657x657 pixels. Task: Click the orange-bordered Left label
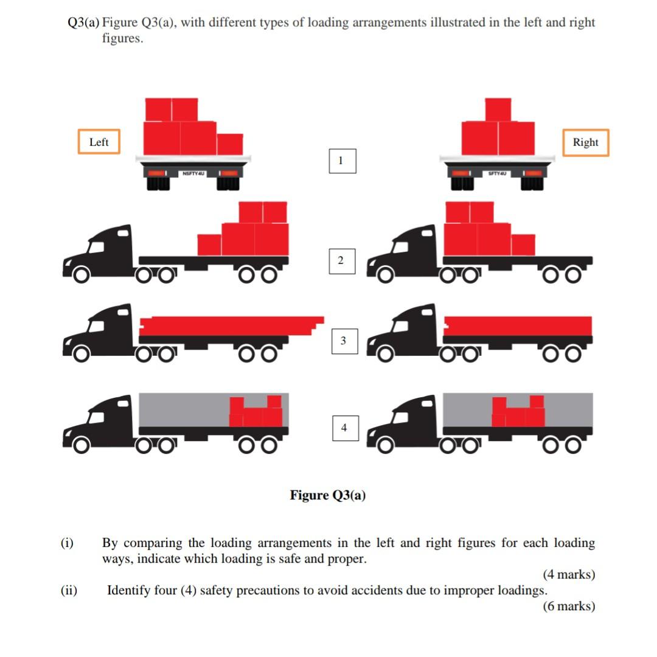click(x=99, y=142)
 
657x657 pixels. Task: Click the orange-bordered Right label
click(x=585, y=142)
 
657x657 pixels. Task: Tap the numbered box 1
click(x=341, y=161)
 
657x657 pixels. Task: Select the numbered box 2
click(x=341, y=260)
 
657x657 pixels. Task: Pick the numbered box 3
click(x=343, y=341)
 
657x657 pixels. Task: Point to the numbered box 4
click(x=344, y=428)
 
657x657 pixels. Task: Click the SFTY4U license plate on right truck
click(x=498, y=174)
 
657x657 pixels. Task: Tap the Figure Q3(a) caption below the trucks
click(x=328, y=495)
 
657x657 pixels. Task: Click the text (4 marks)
click(x=568, y=574)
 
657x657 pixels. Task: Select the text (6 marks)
click(x=568, y=606)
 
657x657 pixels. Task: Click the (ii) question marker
click(x=69, y=590)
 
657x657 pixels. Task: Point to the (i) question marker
click(x=67, y=543)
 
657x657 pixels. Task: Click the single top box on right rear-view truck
click(x=498, y=109)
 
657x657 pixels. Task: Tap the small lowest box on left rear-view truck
click(x=230, y=144)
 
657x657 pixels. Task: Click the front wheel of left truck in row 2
click(x=80, y=275)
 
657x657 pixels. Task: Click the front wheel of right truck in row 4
click(x=384, y=446)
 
